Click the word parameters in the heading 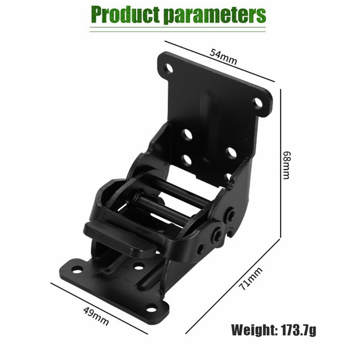pos(216,15)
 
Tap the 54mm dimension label pos(223,57)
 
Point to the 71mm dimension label pos(251,278)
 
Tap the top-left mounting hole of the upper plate pos(169,69)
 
